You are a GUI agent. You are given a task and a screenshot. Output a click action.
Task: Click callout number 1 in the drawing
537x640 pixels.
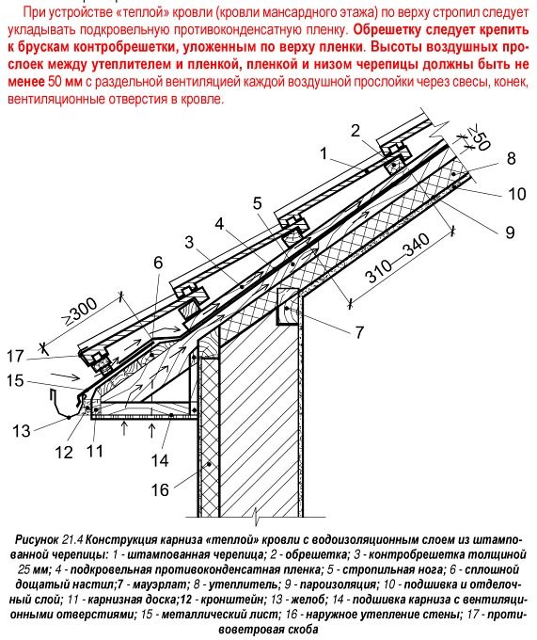[x=324, y=153]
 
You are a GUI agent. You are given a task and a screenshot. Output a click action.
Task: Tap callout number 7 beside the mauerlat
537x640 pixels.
[x=359, y=332]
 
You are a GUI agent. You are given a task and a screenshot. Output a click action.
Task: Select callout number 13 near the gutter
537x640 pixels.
[x=22, y=431]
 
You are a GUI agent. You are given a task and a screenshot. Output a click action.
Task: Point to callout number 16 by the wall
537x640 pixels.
[x=160, y=489]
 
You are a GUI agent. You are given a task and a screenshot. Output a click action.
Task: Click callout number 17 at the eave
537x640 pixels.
[x=15, y=356]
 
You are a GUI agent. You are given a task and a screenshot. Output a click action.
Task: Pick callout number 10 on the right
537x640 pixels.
[x=516, y=194]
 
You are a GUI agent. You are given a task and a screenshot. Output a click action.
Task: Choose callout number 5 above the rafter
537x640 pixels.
[x=257, y=203]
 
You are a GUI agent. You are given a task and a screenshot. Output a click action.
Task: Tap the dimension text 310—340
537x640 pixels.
[x=398, y=258]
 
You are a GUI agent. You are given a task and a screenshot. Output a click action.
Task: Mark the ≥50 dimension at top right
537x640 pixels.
[x=478, y=138]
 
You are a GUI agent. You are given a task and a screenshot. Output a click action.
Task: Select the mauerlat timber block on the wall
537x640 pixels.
[x=289, y=306]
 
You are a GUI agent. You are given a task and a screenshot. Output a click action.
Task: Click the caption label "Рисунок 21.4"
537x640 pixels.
[x=49, y=539]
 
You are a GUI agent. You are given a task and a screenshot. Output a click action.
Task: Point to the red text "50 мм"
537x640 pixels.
[x=65, y=82]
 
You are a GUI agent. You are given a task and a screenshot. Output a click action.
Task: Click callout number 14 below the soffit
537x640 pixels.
[x=160, y=461]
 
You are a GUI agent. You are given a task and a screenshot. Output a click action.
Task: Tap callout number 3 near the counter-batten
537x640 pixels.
[x=189, y=242]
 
